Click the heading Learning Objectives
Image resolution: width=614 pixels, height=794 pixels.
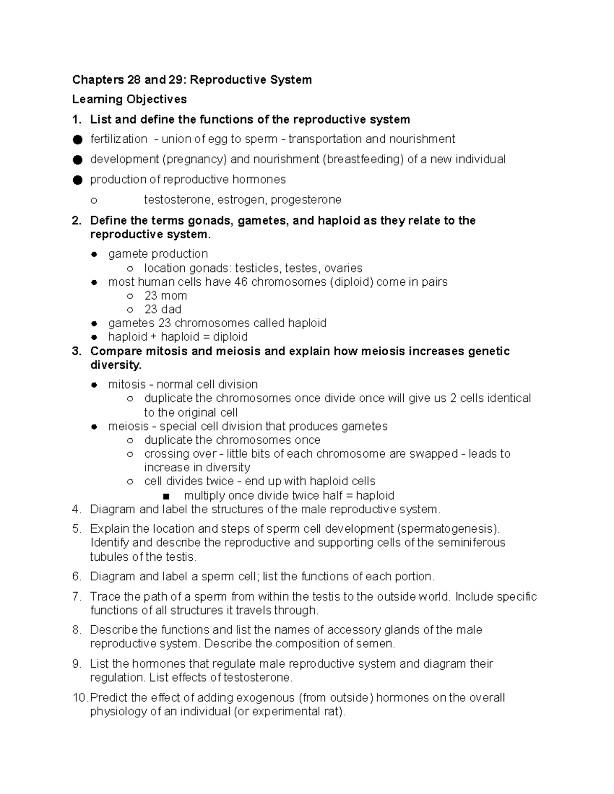point(129,99)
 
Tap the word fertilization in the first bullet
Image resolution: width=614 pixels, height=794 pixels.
point(119,139)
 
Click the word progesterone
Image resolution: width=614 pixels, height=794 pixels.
point(305,199)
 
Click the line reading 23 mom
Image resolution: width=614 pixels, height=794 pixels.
point(165,296)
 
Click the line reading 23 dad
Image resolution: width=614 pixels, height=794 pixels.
point(163,309)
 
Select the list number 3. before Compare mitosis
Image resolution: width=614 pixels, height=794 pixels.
point(77,351)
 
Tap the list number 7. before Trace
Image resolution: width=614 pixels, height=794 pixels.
point(77,597)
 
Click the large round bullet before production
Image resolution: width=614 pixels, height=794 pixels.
point(77,179)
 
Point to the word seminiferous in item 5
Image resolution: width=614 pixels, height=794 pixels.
point(471,542)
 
